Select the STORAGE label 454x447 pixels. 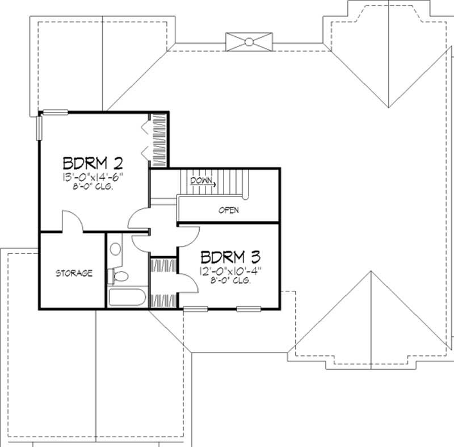click(74, 273)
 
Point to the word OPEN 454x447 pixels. click(229, 210)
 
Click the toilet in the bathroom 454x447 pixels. click(119, 277)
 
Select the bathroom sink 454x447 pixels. click(115, 248)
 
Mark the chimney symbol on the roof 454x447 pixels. click(248, 41)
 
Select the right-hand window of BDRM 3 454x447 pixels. click(248, 309)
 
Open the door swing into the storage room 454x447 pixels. click(73, 222)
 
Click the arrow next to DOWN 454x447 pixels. click(211, 183)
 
